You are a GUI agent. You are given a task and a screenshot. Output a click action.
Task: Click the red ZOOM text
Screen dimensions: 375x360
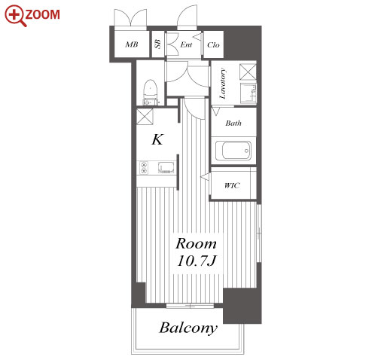[x=43, y=14]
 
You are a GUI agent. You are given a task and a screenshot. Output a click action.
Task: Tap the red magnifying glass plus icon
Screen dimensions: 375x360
[x=15, y=16]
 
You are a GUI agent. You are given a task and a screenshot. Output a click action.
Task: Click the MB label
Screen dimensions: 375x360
[x=132, y=44]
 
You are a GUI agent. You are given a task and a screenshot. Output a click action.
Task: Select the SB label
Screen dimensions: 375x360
[x=158, y=44]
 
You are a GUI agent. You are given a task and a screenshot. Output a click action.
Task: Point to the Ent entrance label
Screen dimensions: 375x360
[x=186, y=44]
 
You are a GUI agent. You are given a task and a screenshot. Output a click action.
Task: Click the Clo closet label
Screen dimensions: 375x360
[x=213, y=45]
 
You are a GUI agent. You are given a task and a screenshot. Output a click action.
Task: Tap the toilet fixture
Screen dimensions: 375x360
[x=151, y=91]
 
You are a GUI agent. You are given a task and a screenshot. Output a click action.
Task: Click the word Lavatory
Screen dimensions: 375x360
[x=223, y=84]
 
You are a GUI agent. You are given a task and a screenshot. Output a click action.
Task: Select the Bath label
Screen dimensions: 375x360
[x=233, y=123]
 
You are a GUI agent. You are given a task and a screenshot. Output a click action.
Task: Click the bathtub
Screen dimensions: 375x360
[x=233, y=151]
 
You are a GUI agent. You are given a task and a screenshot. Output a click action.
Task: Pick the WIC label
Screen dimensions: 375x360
[x=232, y=185]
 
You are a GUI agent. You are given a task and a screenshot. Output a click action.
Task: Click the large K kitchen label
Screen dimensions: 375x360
[x=157, y=139]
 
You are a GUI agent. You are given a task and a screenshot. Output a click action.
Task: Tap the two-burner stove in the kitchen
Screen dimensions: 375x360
[x=144, y=167]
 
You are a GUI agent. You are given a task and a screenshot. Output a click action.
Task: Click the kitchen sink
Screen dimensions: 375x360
[x=166, y=167]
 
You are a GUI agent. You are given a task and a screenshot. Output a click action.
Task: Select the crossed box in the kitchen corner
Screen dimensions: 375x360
[x=145, y=117]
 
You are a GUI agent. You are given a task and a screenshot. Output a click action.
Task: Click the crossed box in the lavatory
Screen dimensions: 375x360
[x=248, y=72]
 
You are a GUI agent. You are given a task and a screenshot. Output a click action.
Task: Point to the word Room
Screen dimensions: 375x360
[x=196, y=243]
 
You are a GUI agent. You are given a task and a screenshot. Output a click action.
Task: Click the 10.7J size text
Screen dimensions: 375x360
[x=197, y=261]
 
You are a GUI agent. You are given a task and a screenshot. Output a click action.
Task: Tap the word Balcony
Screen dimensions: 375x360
[x=188, y=328]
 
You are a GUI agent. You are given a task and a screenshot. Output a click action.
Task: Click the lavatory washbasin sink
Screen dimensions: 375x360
[x=248, y=93]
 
